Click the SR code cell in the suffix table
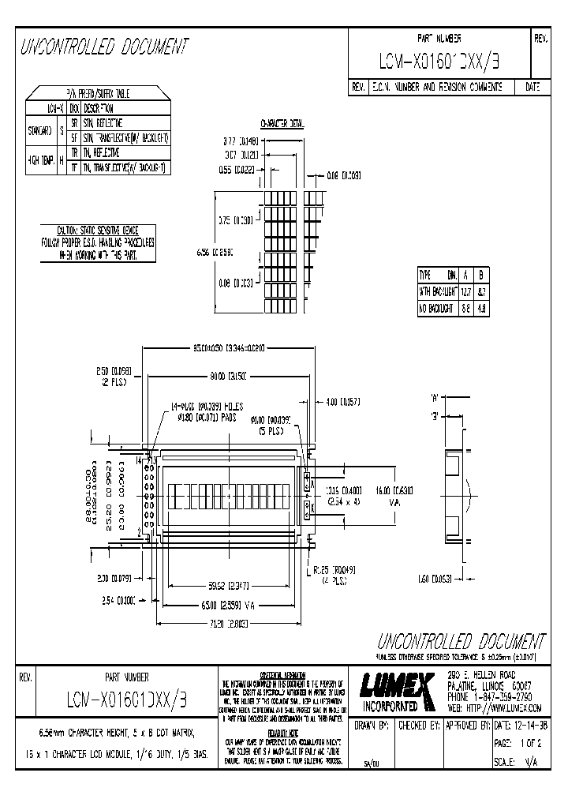(74, 124)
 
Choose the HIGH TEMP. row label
(41, 159)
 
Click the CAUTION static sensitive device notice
(97, 242)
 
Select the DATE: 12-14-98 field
(520, 725)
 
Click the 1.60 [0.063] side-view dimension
(433, 578)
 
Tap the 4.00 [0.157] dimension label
(342, 402)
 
